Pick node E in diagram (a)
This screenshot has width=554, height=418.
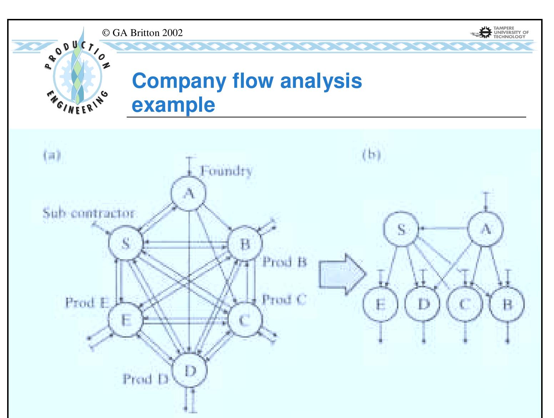coord(125,320)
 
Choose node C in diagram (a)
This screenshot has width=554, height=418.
coord(245,320)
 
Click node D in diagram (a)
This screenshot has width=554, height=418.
coord(190,371)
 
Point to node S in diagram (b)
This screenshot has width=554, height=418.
coord(402,230)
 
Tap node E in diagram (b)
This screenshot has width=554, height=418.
coord(381,304)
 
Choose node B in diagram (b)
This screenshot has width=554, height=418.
coord(507,304)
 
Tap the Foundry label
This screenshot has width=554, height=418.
coord(226,171)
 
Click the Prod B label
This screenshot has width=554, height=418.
coord(284,262)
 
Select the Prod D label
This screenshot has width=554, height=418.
coord(145,379)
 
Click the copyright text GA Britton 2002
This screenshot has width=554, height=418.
coord(142,33)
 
